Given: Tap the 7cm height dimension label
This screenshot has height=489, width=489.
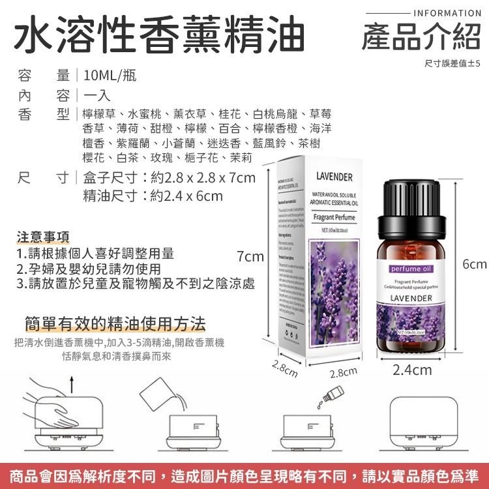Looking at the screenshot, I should click(x=250, y=257).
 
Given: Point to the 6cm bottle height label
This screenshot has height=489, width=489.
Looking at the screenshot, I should click(x=474, y=264).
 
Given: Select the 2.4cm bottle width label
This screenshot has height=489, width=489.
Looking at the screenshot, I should click(x=412, y=370).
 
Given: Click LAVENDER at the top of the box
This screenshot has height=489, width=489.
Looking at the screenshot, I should click(x=334, y=177).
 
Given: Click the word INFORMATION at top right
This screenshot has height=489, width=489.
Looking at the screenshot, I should click(x=447, y=13).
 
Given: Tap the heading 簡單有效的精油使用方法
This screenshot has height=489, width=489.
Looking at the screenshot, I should click(x=115, y=323).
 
